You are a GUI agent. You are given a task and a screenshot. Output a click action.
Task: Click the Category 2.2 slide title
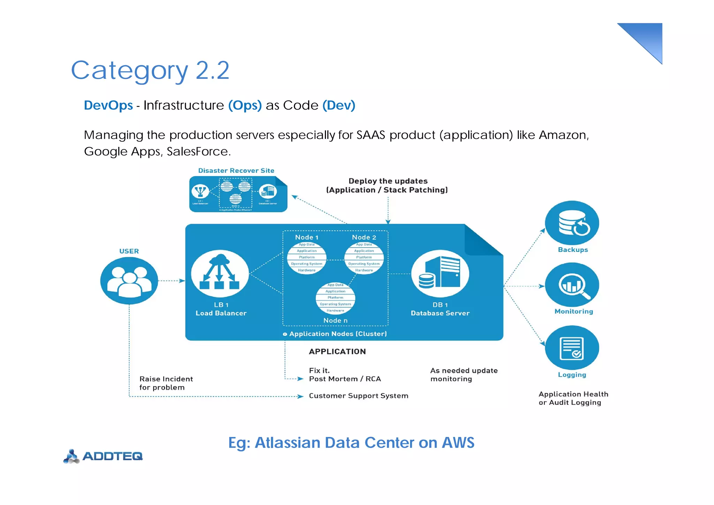(150, 71)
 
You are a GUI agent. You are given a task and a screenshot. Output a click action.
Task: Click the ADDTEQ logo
(104, 456)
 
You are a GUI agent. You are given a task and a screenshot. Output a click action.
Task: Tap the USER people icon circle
(129, 281)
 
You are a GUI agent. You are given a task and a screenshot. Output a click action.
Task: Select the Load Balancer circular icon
(220, 274)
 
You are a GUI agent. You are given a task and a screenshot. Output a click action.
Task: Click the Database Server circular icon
(440, 274)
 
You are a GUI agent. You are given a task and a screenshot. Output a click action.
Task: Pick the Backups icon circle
(572, 223)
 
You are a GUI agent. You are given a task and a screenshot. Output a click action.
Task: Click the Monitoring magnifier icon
(572, 285)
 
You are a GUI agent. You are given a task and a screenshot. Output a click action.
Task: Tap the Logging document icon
(572, 348)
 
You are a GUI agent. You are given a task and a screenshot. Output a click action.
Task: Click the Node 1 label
(306, 237)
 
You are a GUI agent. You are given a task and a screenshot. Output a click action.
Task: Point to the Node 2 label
(364, 237)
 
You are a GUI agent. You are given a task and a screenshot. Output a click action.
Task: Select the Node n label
(335, 320)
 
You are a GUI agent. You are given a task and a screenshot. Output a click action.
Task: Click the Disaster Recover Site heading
(236, 171)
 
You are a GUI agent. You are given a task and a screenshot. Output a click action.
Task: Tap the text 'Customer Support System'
(358, 396)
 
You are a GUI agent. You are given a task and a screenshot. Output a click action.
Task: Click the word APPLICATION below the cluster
(337, 351)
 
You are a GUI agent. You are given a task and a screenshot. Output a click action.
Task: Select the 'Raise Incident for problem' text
(166, 383)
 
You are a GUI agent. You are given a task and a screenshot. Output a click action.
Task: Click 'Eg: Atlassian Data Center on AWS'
(351, 443)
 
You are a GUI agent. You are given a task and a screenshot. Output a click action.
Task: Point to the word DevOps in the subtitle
(108, 105)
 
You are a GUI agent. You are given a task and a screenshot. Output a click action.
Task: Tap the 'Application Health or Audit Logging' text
(573, 398)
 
